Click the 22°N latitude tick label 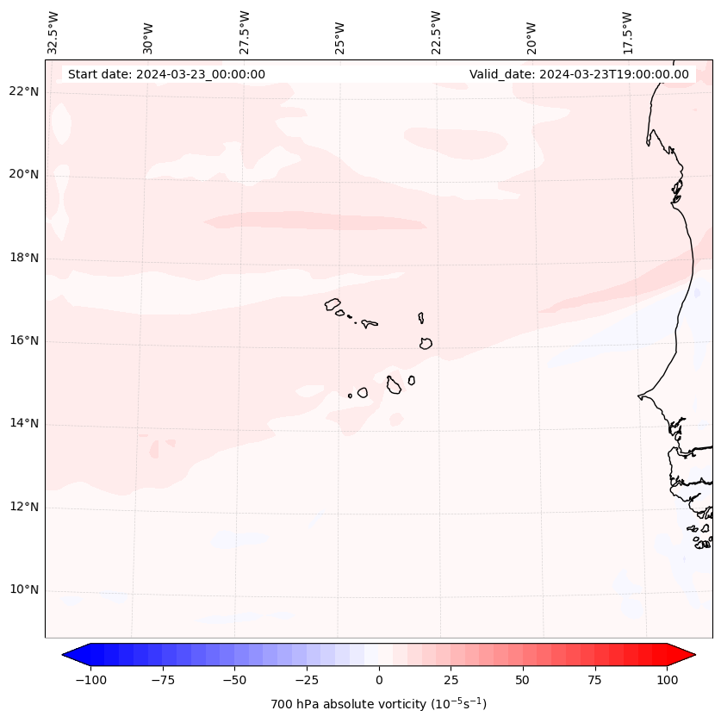(24, 91)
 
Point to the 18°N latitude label (24, 258)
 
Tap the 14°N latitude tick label (24, 424)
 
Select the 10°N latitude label (24, 590)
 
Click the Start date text (166, 74)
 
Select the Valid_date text (579, 74)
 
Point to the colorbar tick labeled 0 (379, 680)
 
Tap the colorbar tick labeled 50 (523, 680)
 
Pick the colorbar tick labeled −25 (307, 680)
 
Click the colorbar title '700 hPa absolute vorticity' (379, 704)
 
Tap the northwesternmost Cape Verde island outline (333, 303)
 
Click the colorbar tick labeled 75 (594, 680)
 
